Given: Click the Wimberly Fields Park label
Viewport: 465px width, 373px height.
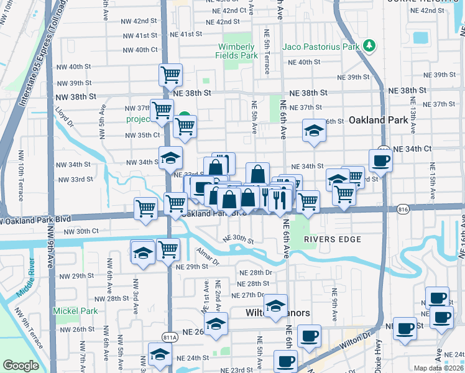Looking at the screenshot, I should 237,51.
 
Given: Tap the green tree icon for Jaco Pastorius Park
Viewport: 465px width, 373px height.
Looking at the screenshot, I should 369,45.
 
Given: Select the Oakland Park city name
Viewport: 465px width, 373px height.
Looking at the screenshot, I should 377,119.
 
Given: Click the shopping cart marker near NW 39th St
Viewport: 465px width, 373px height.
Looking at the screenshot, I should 170,75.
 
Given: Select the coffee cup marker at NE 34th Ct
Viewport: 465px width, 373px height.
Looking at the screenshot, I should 380,160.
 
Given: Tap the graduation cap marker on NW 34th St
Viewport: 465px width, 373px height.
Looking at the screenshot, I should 170,158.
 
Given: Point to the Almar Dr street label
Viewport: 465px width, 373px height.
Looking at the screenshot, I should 208,256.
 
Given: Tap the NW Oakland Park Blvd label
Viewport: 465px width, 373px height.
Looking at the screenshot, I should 37,219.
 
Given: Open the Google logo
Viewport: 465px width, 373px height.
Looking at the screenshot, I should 21,366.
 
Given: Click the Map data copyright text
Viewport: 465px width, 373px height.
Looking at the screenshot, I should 439,368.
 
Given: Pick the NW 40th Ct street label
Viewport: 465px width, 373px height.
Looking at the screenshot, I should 140,50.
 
